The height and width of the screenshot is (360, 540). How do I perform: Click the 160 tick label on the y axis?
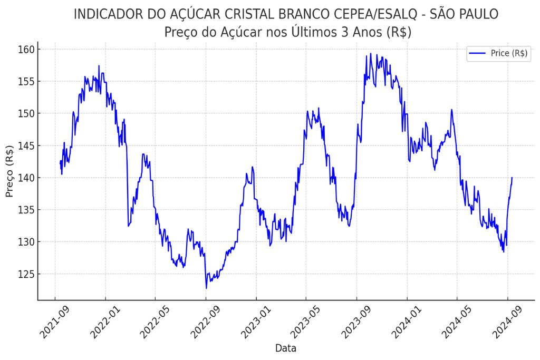click(26, 50)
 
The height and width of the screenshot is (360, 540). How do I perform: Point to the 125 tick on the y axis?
click(26, 274)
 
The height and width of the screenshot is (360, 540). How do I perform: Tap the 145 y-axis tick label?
click(26, 146)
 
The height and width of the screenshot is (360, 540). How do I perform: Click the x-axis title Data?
click(286, 348)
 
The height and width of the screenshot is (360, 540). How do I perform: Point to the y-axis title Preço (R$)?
click(10, 171)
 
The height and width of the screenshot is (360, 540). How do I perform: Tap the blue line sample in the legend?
click(477, 53)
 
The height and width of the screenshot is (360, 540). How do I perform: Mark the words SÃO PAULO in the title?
click(464, 14)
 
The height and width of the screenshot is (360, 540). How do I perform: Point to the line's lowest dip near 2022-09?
click(206, 288)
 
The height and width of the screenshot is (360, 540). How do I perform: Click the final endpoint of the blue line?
click(512, 178)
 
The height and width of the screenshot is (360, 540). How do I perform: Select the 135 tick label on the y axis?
click(26, 210)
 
